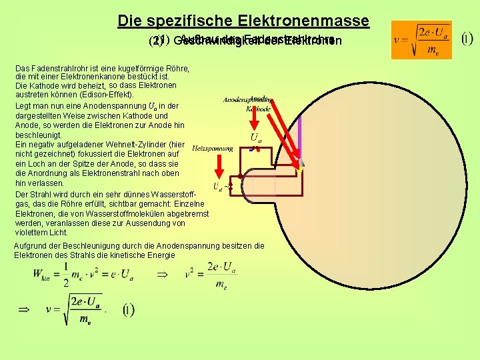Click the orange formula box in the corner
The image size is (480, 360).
(x=421, y=40)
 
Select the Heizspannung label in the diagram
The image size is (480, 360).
(x=212, y=148)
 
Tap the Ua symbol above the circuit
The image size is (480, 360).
(x=255, y=137)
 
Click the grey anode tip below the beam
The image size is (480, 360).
(x=301, y=162)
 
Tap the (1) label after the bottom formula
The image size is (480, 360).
(x=128, y=310)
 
